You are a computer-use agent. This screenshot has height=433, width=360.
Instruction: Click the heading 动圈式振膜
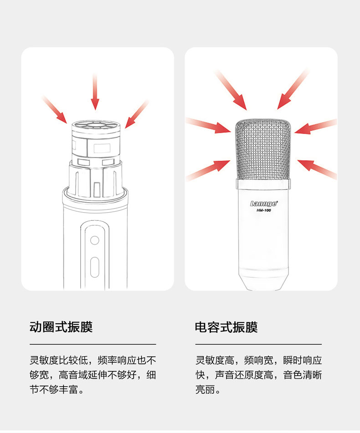click(x=61, y=327)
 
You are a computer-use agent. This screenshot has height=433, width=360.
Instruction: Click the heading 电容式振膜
click(x=226, y=327)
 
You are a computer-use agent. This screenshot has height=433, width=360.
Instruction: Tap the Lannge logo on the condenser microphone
click(x=263, y=204)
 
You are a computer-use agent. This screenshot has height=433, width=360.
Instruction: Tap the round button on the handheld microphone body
click(x=95, y=240)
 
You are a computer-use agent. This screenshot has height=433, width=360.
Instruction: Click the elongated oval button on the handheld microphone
click(x=95, y=267)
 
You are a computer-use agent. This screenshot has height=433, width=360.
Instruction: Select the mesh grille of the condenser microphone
click(x=263, y=150)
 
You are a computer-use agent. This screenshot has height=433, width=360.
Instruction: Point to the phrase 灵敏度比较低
click(x=61, y=361)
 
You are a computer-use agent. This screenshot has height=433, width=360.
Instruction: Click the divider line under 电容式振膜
click(x=258, y=344)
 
